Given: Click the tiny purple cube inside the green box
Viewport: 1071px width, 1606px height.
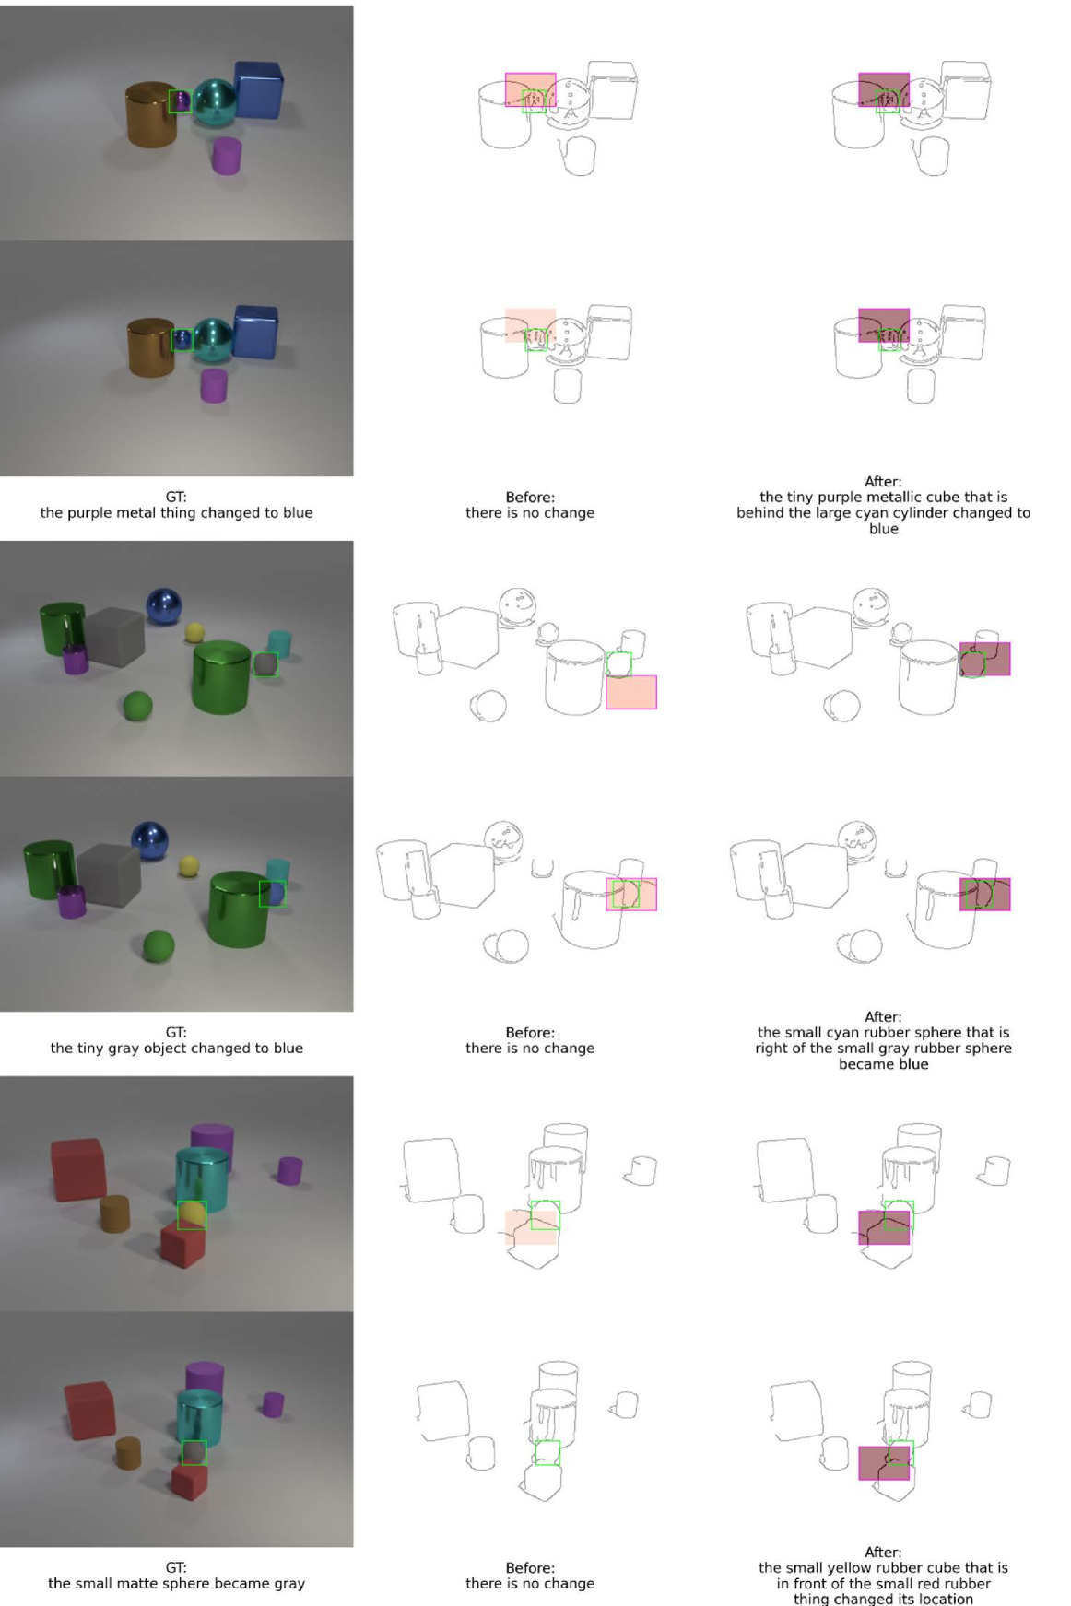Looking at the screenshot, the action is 181,101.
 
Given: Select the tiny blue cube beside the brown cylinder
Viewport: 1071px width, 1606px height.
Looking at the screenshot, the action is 182,339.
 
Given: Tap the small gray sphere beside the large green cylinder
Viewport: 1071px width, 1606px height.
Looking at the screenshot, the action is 265,663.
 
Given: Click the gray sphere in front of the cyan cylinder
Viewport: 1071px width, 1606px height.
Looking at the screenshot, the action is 194,1453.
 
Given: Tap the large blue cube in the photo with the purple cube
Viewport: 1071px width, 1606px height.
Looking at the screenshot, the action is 258,89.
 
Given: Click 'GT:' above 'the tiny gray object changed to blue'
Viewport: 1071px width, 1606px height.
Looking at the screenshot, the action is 176,1032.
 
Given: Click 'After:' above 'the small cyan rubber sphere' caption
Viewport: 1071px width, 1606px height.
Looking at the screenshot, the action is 883,1016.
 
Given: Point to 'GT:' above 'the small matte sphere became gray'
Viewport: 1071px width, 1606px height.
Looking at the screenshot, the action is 176,1567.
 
